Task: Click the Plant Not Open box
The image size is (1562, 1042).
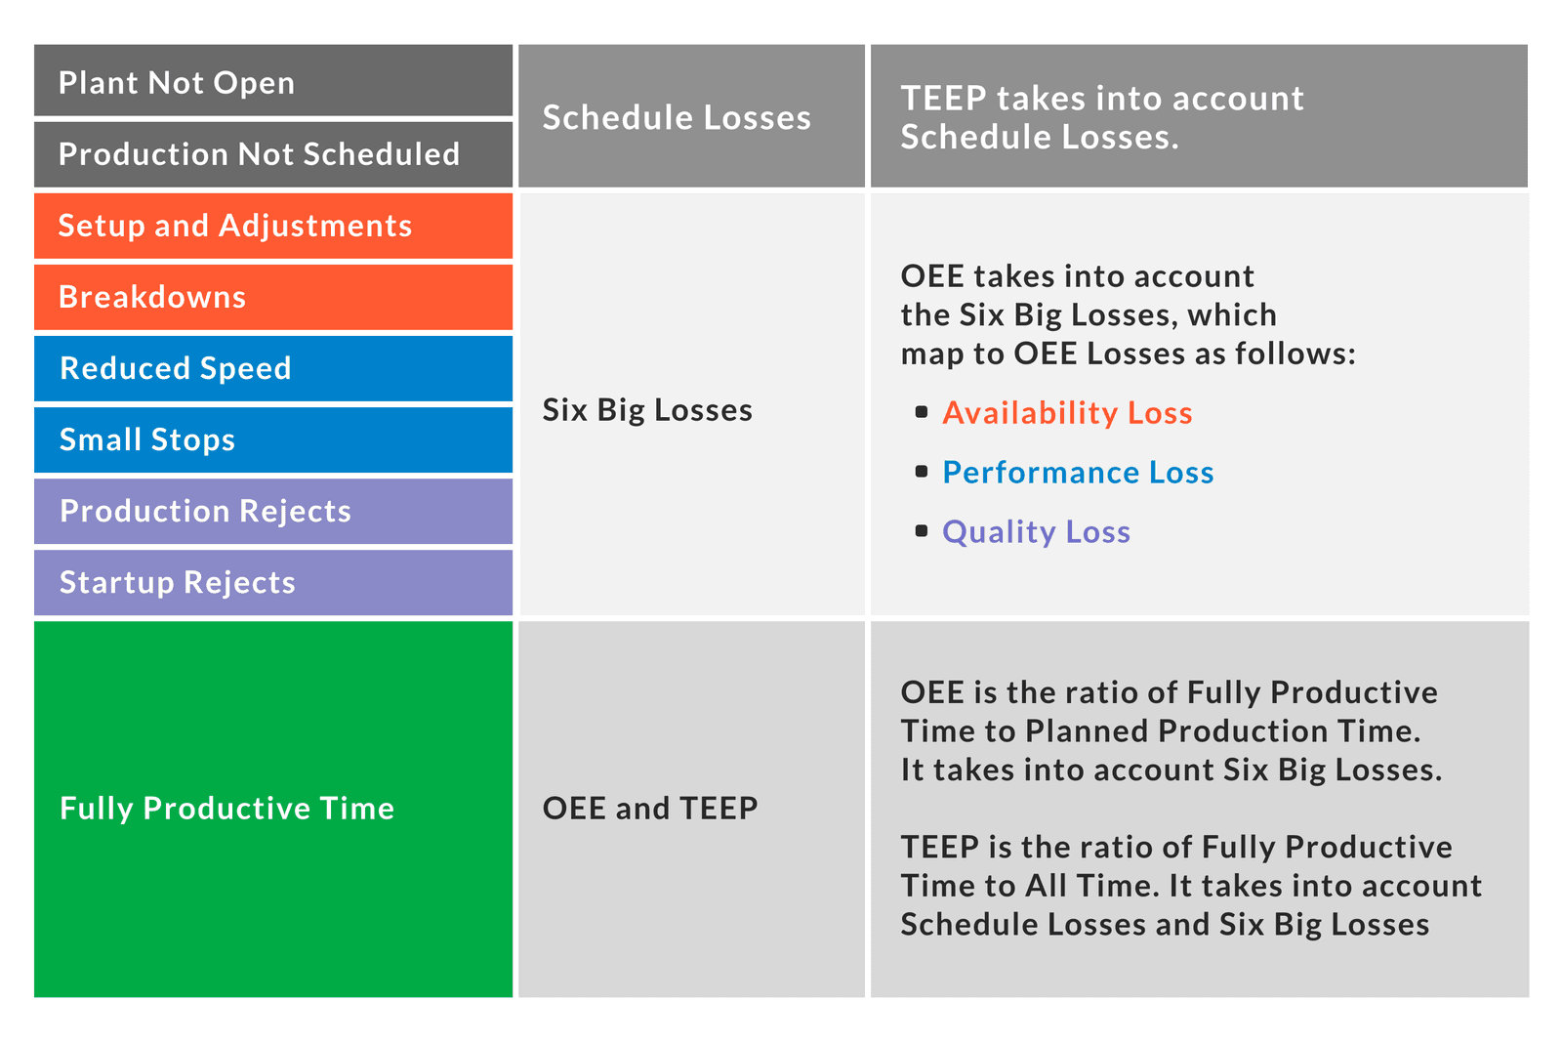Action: click(x=273, y=82)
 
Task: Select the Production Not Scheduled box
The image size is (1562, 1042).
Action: click(x=273, y=154)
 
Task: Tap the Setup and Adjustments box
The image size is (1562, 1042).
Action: click(x=273, y=226)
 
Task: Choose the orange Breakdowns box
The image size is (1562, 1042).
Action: click(x=273, y=297)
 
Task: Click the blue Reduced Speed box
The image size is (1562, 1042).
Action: click(x=273, y=368)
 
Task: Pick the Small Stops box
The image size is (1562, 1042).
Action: click(x=273, y=439)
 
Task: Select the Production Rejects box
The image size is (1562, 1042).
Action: click(x=273, y=511)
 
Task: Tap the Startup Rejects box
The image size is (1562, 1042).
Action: click(x=273, y=582)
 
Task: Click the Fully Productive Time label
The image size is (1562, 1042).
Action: click(x=226, y=809)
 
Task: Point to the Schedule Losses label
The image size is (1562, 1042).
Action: click(x=677, y=118)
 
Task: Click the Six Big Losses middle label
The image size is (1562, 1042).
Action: click(x=647, y=410)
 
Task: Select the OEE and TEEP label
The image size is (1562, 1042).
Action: click(x=650, y=809)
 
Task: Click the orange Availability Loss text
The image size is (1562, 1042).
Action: click(x=1067, y=413)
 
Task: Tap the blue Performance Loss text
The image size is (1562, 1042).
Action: click(x=1078, y=473)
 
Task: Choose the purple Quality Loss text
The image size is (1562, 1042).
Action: click(x=1036, y=532)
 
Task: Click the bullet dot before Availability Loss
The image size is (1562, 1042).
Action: click(x=922, y=412)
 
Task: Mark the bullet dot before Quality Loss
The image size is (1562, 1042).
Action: click(x=922, y=531)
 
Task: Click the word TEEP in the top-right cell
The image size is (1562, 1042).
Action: click(x=939, y=99)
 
